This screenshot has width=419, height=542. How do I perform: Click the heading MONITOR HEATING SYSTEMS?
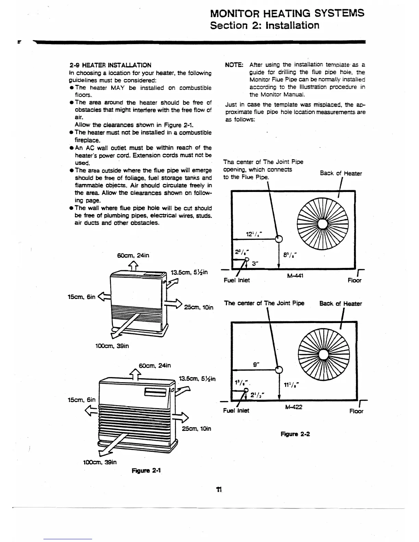tap(287, 13)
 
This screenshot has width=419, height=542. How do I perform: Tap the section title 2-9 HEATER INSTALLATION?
tap(110, 65)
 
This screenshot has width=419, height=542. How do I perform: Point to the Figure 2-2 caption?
tap(295, 434)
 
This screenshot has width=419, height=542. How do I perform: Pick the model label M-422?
tap(293, 407)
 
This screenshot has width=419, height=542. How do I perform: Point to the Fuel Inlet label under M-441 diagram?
tap(237, 280)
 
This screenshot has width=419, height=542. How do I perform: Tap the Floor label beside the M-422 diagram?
tap(356, 411)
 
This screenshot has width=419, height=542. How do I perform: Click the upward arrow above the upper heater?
tap(134, 265)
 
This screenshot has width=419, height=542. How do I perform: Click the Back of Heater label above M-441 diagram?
tap(341, 173)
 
